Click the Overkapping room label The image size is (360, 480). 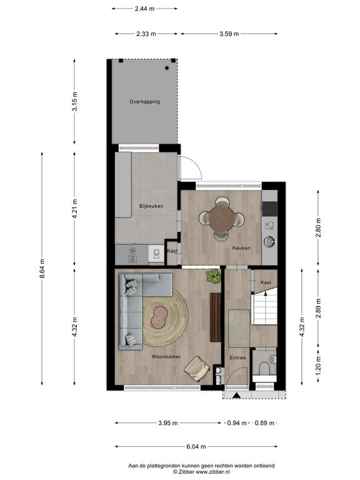144,102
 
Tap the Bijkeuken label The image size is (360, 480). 151,206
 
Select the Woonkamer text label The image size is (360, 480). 166,357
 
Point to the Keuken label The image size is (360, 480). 241,248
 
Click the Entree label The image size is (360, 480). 238,357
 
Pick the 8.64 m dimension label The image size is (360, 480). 42,269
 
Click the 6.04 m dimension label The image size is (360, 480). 196,447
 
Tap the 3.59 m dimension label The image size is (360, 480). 229,34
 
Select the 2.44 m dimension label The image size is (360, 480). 144,9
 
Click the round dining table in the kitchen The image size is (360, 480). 222,218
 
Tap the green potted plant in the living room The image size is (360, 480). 214,276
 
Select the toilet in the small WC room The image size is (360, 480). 264,368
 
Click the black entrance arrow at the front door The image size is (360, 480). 236,395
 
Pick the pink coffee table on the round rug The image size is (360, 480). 159,317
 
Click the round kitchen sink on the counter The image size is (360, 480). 270,241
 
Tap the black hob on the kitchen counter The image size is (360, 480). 270,209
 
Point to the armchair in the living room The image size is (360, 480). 197,369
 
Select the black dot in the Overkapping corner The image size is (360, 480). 167,68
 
